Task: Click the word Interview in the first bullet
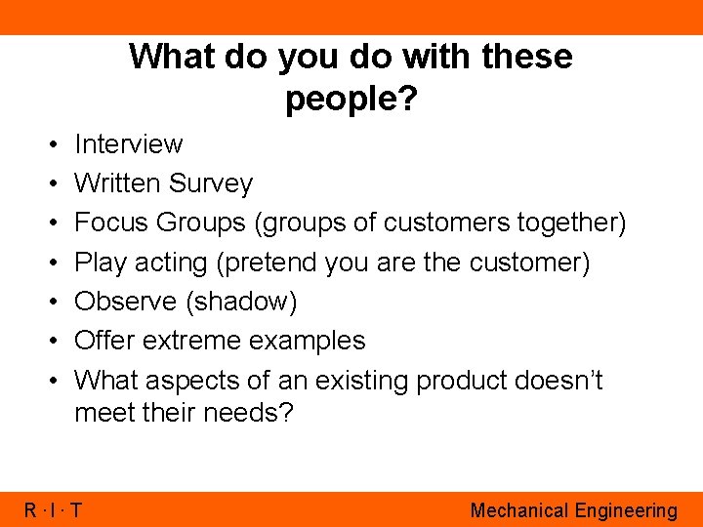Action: (128, 144)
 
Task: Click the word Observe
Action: (124, 302)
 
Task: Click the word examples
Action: (308, 341)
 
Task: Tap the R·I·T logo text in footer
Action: (54, 509)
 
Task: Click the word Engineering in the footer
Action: (625, 510)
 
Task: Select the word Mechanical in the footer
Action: (519, 509)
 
